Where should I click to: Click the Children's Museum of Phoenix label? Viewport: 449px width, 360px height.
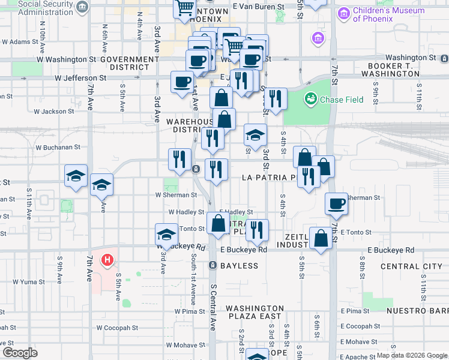click(x=388, y=14)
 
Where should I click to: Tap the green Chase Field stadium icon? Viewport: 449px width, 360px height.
click(x=311, y=99)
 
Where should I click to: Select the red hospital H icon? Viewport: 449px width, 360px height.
click(x=107, y=260)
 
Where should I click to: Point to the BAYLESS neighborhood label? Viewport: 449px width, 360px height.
click(x=239, y=265)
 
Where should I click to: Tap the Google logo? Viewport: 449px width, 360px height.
click(x=20, y=353)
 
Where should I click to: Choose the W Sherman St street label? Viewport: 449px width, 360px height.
click(x=176, y=195)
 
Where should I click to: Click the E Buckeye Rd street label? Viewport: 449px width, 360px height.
click(x=244, y=250)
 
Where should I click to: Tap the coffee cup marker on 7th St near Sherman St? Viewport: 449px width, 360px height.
click(x=337, y=204)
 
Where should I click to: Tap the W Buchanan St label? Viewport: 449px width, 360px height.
click(x=58, y=146)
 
